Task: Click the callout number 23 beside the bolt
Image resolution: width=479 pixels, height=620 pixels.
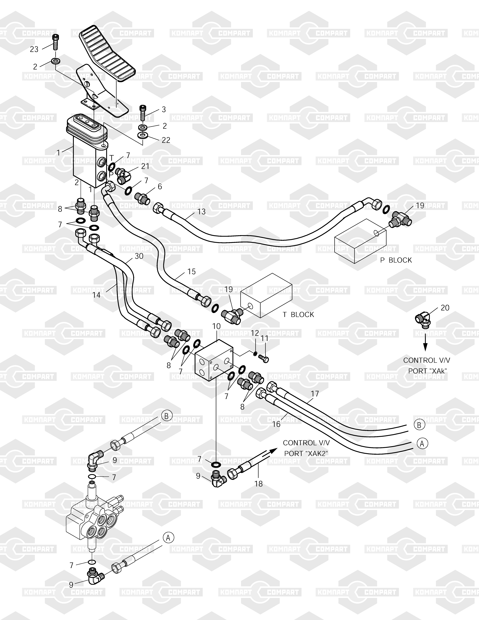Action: (x=34, y=49)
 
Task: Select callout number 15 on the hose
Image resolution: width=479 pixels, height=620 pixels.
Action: (x=192, y=272)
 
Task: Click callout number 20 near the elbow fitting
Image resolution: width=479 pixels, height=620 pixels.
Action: (x=445, y=308)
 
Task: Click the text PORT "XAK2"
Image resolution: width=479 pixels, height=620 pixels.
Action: (x=306, y=453)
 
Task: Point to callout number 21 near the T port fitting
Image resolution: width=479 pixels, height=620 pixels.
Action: (x=145, y=166)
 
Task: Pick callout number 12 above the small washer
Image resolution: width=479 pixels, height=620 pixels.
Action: (x=255, y=333)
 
